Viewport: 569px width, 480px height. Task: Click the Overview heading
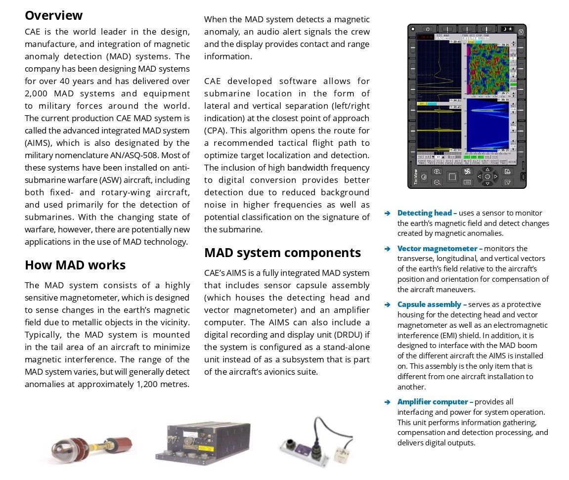53,15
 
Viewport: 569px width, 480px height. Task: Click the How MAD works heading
75,265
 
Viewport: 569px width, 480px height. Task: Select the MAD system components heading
282,253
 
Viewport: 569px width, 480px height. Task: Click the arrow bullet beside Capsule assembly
388,305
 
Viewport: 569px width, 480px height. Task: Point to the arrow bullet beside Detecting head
388,214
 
